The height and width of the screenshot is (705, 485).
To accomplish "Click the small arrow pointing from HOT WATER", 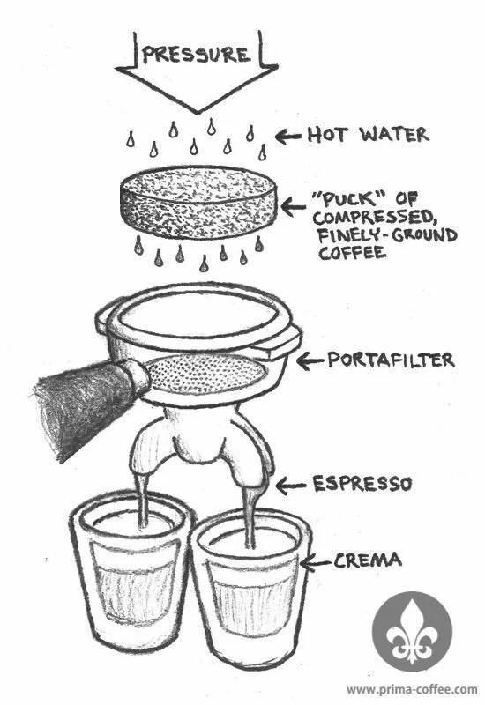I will (x=288, y=137).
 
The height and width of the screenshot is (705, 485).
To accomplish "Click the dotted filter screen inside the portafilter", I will (x=205, y=375).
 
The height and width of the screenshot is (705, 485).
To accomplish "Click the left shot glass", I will (x=131, y=574).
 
